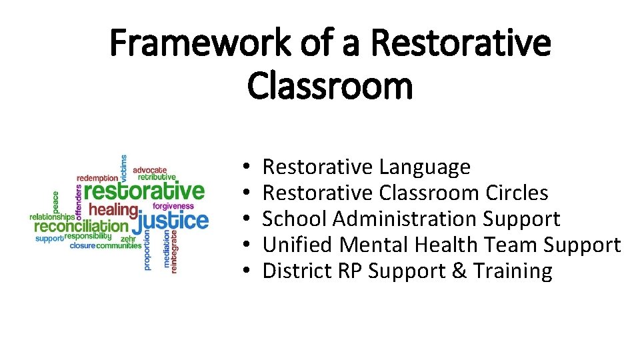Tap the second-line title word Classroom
[x=330, y=86]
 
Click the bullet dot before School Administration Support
[x=246, y=219]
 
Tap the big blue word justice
[x=174, y=221]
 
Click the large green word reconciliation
[x=80, y=226]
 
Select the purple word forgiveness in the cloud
[x=173, y=207]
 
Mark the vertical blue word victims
[x=123, y=168]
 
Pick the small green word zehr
[x=127, y=237]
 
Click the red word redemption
[x=97, y=178]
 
